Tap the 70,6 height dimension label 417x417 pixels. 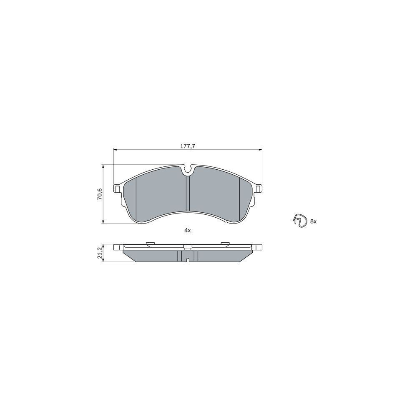100,194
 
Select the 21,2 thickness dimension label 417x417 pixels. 100,253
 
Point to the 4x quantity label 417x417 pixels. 188,231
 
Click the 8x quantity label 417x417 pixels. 313,221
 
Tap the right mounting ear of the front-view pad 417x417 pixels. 258,188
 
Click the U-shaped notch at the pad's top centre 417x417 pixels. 188,171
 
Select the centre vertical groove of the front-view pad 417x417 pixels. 188,193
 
